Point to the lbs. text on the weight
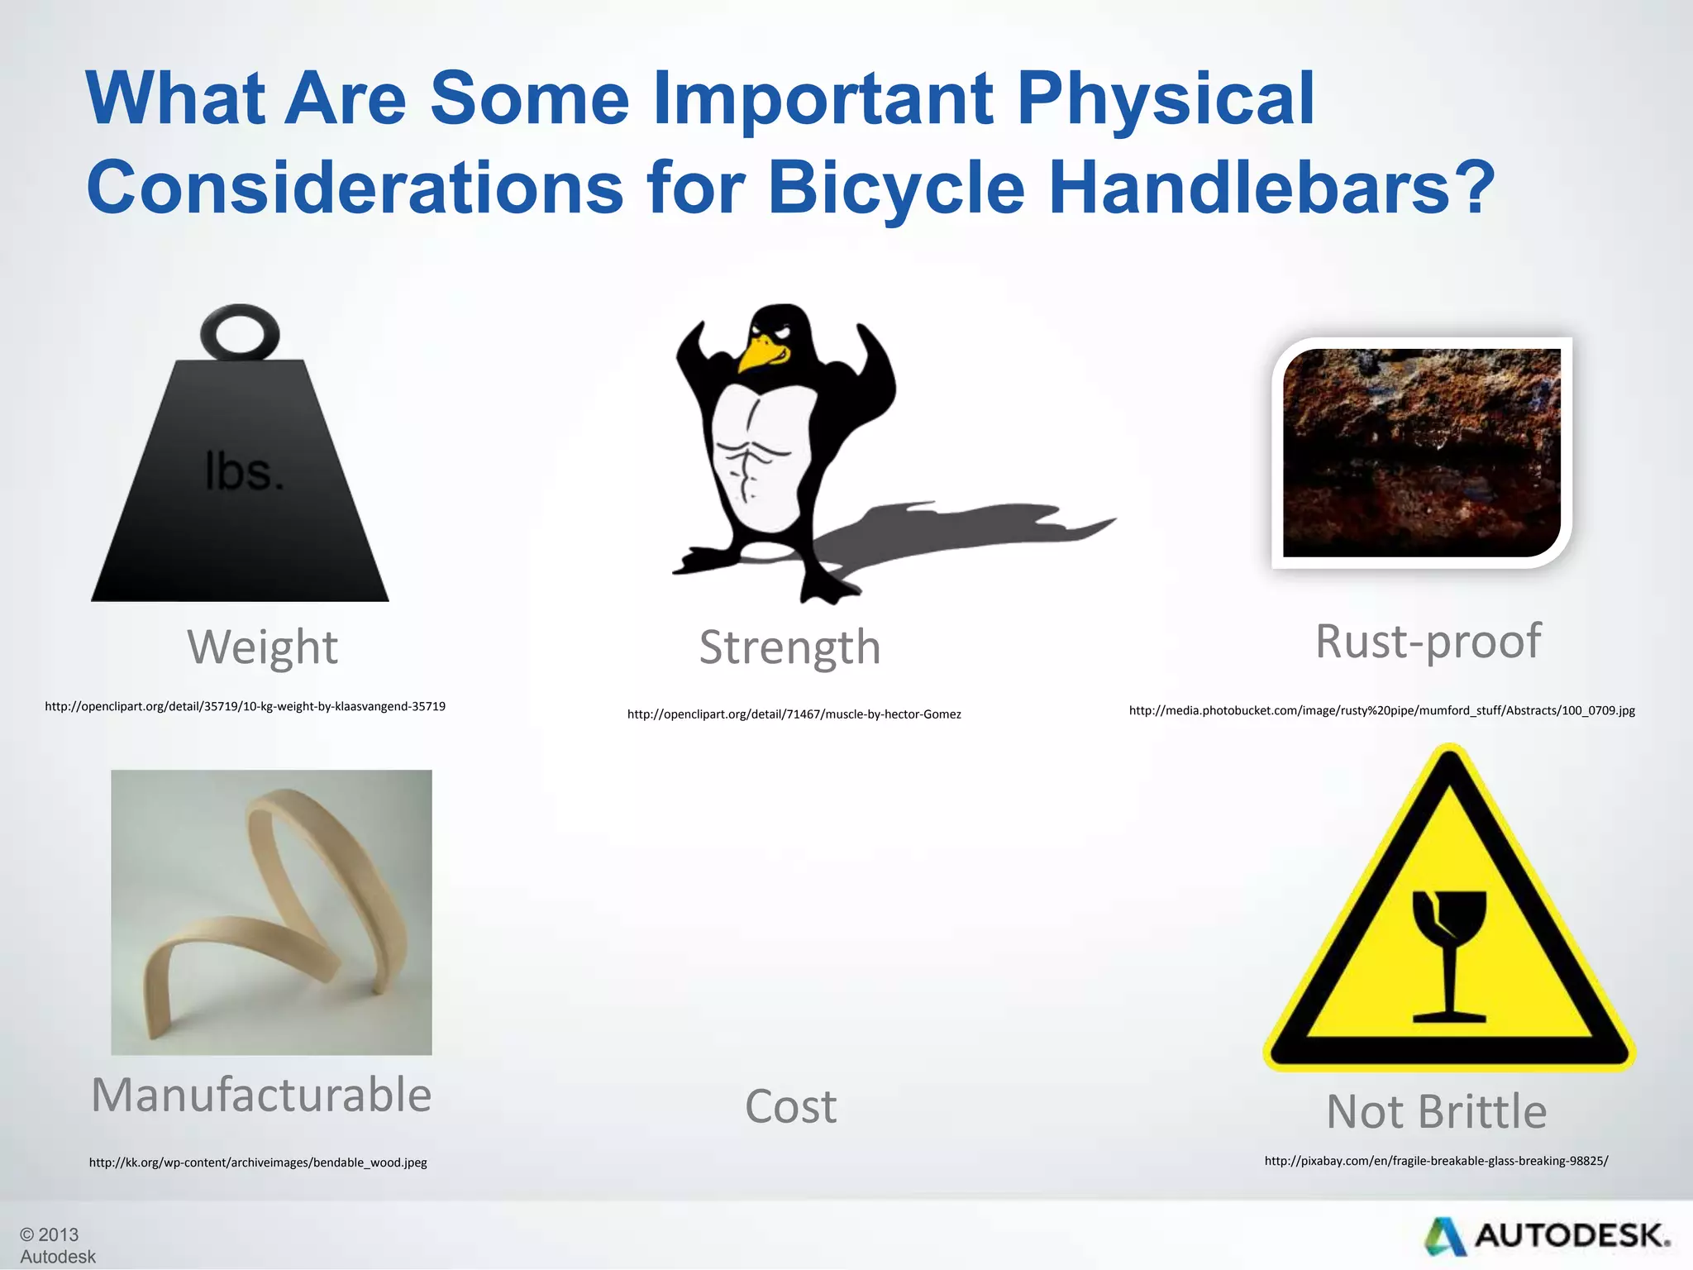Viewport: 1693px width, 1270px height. (x=244, y=473)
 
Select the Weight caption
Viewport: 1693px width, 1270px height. (x=262, y=647)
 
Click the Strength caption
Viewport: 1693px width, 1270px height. (x=789, y=647)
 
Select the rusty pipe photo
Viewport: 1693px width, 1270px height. (x=1421, y=452)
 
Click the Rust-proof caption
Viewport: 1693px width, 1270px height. (x=1428, y=642)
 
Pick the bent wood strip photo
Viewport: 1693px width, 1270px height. (x=271, y=912)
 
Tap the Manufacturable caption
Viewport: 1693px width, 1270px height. (x=261, y=1096)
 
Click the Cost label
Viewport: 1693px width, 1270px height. (x=790, y=1107)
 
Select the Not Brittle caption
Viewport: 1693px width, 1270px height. (x=1436, y=1112)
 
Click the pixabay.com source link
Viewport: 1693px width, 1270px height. (x=1436, y=1162)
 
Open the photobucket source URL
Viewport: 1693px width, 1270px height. (x=1381, y=711)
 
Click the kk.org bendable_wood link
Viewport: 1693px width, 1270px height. (x=258, y=1163)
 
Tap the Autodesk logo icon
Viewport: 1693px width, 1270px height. (x=1444, y=1237)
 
